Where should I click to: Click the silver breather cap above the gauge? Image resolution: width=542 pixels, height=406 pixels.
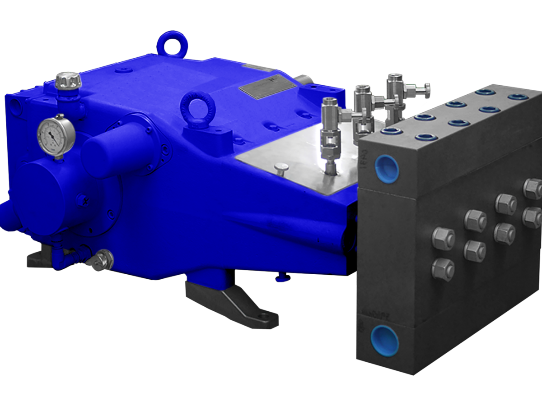pos(68,81)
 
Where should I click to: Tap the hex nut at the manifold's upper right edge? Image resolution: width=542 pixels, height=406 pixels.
pos(533,188)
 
